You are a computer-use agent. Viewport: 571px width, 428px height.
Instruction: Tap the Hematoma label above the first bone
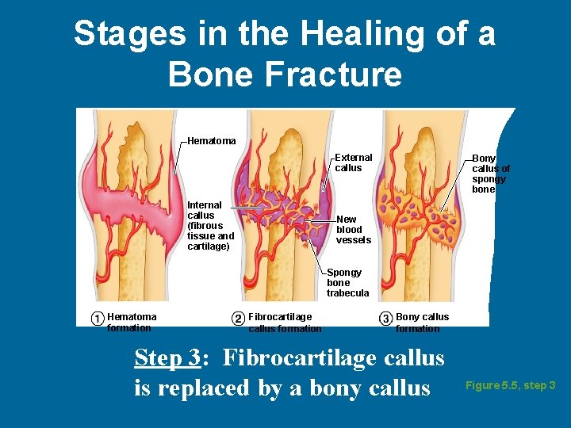(211, 141)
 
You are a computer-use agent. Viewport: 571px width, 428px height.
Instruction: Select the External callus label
(353, 162)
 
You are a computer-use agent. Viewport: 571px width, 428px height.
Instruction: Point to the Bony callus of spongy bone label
(491, 174)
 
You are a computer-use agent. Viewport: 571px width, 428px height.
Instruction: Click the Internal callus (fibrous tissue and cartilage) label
(210, 226)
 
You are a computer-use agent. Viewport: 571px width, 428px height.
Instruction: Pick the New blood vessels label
(353, 230)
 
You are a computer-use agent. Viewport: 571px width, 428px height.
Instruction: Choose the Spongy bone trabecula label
(347, 283)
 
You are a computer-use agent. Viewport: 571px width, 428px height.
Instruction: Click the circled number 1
(97, 319)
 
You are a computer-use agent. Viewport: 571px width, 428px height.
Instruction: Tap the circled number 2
(238, 319)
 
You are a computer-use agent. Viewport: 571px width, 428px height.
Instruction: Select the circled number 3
(385, 319)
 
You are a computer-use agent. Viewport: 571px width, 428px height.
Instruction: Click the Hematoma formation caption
(132, 323)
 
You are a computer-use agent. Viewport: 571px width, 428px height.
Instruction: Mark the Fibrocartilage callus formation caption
(285, 323)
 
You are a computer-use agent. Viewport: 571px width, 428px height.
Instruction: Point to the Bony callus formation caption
(421, 323)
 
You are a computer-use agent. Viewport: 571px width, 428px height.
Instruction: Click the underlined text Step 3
(168, 358)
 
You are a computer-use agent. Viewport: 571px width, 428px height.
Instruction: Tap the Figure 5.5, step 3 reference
(510, 386)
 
